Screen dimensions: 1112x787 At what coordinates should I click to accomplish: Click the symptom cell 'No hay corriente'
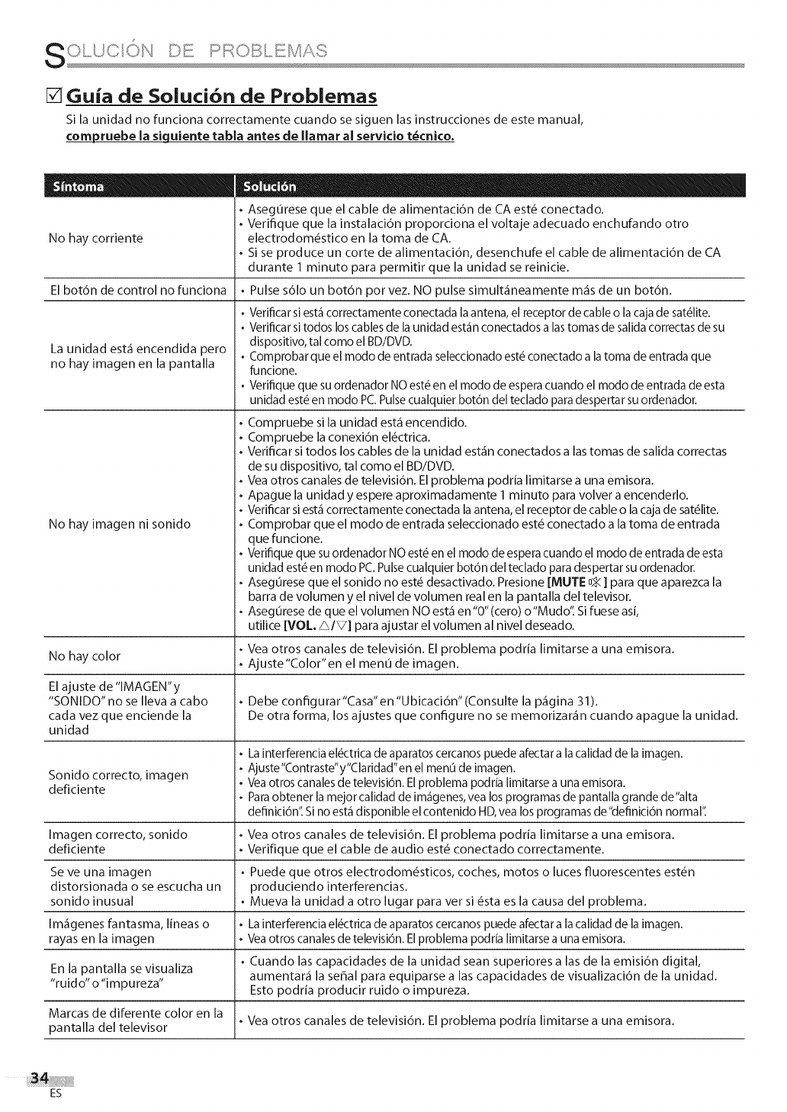(95, 239)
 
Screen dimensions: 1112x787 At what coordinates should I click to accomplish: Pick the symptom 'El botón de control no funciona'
(137, 290)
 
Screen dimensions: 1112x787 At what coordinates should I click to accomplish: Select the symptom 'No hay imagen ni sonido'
(119, 524)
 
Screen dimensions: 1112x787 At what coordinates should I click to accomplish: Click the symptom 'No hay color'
(84, 656)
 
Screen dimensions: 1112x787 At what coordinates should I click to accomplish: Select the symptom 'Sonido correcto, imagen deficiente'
(118, 783)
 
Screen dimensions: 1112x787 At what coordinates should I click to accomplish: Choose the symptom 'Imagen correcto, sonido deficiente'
(117, 842)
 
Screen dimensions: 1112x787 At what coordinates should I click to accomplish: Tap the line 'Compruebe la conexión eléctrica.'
(339, 437)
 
